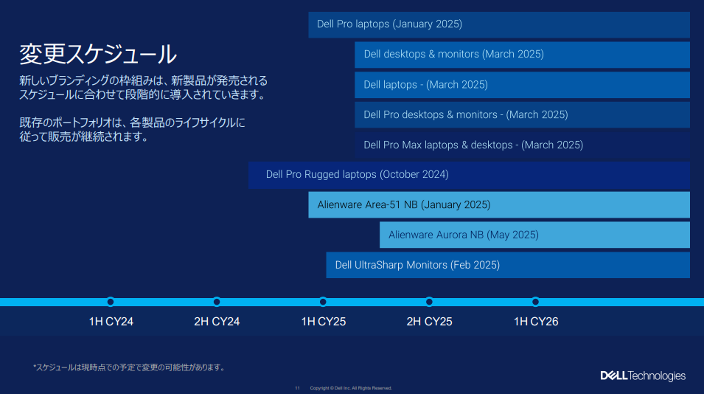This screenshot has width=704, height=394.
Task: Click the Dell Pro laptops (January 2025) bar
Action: point(499,24)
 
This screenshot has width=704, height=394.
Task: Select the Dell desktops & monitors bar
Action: point(522,55)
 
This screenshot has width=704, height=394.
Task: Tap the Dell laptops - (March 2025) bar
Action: point(522,85)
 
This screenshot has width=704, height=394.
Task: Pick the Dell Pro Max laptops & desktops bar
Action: point(522,145)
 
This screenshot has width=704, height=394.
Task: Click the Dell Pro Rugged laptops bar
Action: point(469,175)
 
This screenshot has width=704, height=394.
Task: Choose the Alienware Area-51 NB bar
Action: point(499,205)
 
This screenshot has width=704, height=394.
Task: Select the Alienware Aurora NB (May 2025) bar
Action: point(534,235)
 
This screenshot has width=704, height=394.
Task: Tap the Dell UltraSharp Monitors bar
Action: point(508,265)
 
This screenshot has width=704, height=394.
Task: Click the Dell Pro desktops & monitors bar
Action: point(522,115)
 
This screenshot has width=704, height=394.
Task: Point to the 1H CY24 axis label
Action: point(111,322)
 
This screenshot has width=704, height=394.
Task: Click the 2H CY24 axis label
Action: point(217,322)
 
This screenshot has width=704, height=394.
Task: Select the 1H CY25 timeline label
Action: point(324,322)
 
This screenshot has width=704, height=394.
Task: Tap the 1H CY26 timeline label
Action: point(536,322)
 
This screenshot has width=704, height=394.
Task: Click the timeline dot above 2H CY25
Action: point(429,302)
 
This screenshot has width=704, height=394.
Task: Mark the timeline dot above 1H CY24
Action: point(111,302)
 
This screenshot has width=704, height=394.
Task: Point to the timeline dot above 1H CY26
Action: point(535,302)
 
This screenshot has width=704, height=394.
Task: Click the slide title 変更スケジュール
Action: point(98,55)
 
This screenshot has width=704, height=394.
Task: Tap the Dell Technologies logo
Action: point(643,376)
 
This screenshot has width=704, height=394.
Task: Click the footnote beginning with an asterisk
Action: point(129,367)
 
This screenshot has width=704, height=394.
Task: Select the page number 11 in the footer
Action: point(297,388)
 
